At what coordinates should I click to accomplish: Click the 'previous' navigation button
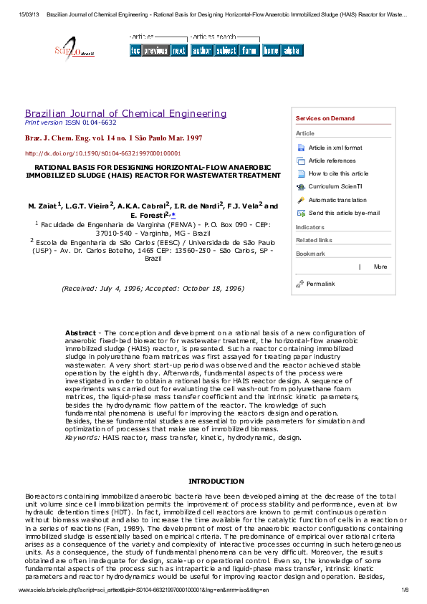click(x=155, y=51)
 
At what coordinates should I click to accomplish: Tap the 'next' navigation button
click(x=178, y=51)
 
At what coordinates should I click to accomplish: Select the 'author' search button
click(x=202, y=51)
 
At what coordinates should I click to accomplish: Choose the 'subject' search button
click(x=226, y=51)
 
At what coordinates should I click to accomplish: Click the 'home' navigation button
click(x=271, y=51)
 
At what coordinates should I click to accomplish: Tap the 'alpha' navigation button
click(x=292, y=51)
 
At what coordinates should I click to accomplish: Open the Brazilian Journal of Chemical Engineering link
click(x=125, y=113)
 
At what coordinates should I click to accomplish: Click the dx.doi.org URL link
click(x=102, y=153)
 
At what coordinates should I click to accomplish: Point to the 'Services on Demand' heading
click(x=325, y=118)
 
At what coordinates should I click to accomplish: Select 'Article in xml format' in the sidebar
click(x=335, y=148)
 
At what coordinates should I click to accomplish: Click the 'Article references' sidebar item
click(x=332, y=160)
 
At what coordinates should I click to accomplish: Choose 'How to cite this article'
click(x=338, y=173)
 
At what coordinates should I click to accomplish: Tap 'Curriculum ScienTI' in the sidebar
click(x=335, y=186)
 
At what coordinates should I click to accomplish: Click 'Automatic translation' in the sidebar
click(x=337, y=200)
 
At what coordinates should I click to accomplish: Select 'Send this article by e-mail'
click(x=344, y=213)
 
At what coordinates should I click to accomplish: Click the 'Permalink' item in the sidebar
click(x=320, y=284)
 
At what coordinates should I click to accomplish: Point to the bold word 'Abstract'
click(x=80, y=333)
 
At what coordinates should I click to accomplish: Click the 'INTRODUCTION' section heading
click(x=216, y=481)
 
